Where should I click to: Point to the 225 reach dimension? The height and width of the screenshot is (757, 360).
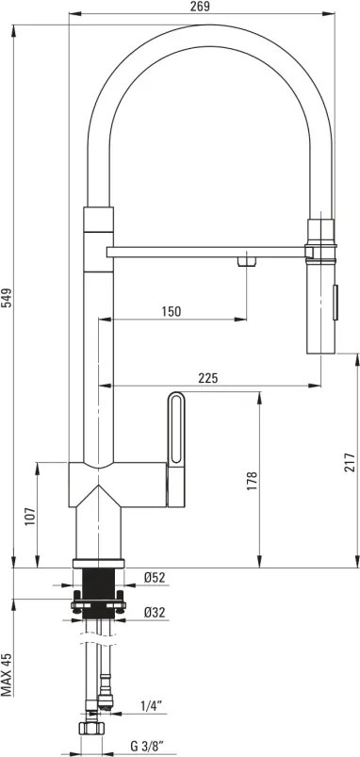[207, 377]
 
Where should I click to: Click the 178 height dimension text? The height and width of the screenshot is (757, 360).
[252, 481]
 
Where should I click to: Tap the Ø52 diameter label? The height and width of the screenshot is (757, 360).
[155, 578]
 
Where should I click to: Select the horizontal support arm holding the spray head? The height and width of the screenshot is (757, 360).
[207, 251]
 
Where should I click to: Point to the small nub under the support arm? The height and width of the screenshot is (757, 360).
[247, 261]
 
